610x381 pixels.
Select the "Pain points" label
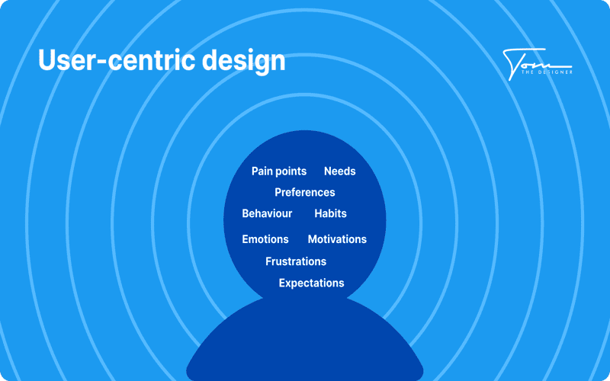click(279, 171)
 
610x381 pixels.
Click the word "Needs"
click(339, 171)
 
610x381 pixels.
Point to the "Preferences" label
click(304, 192)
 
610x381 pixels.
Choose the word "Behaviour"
click(267, 213)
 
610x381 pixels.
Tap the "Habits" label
click(330, 213)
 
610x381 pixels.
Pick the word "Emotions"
click(265, 239)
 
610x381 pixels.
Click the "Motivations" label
click(337, 239)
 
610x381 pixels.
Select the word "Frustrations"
click(296, 261)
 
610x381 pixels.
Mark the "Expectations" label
click(311, 283)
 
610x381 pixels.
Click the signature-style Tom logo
click(538, 64)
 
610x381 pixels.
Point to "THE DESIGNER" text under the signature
click(547, 72)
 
